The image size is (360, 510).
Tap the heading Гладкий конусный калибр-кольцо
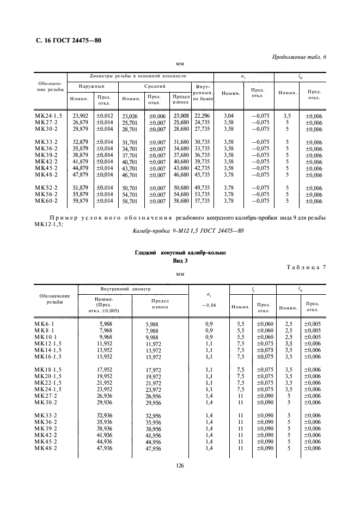(x=180, y=253)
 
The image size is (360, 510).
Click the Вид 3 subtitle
(x=180, y=262)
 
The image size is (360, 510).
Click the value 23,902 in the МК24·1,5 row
(x=81, y=116)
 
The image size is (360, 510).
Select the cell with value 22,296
(x=202, y=116)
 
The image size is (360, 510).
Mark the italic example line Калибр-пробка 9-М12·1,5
(x=180, y=230)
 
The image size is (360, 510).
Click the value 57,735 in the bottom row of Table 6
(x=202, y=201)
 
